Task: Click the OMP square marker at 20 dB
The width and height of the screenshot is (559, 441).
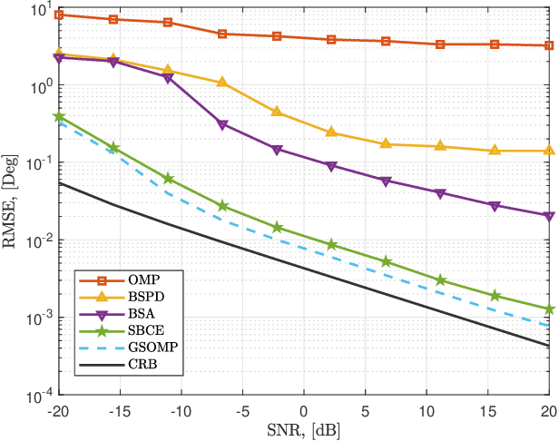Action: (550, 45)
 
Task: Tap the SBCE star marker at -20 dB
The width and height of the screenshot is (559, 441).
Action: (59, 117)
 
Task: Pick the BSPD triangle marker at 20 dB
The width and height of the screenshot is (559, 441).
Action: (550, 151)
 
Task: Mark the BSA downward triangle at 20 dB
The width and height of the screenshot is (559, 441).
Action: (550, 216)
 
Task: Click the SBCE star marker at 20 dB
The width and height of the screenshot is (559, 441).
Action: (550, 309)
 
